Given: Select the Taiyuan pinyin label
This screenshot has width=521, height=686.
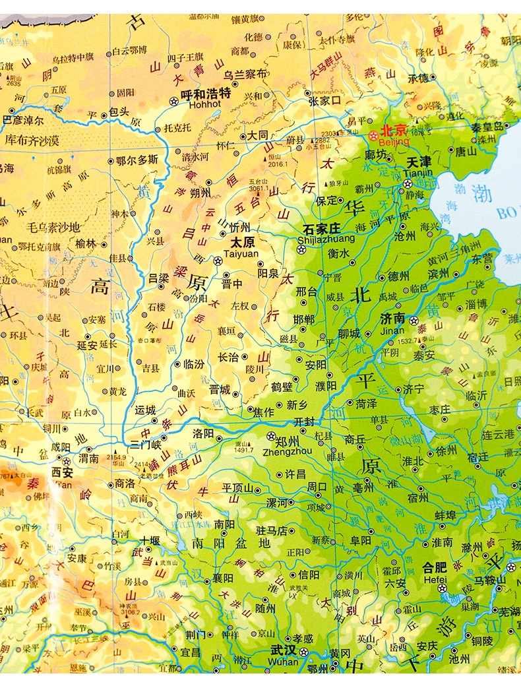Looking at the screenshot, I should pyautogui.click(x=241, y=253).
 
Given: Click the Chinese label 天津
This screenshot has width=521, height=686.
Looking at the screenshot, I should pyautogui.click(x=418, y=161).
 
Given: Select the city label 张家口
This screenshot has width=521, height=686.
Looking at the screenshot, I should pyautogui.click(x=323, y=101).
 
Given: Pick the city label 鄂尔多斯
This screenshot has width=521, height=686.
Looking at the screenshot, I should pyautogui.click(x=137, y=160).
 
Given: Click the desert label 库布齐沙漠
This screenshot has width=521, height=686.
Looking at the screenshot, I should pyautogui.click(x=32, y=140).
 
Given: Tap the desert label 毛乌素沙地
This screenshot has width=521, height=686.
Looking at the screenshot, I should pyautogui.click(x=53, y=228).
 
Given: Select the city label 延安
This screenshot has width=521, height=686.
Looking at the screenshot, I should pyautogui.click(x=88, y=344).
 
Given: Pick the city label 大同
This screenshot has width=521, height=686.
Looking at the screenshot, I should pyautogui.click(x=258, y=135).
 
